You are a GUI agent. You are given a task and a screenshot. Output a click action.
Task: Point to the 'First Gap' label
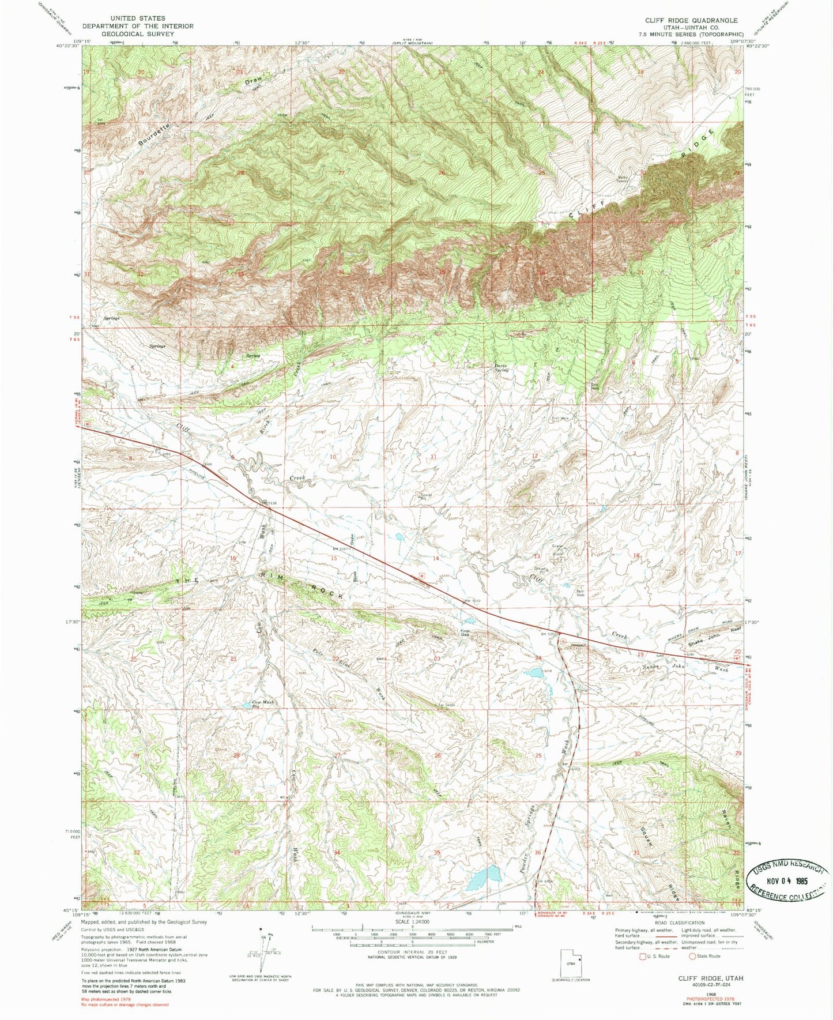(x=466, y=633)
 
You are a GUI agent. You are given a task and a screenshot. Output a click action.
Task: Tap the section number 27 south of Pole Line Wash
(x=337, y=755)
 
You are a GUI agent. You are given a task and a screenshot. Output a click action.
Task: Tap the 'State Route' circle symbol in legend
(x=692, y=956)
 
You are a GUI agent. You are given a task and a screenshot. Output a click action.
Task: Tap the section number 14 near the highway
(x=436, y=558)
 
